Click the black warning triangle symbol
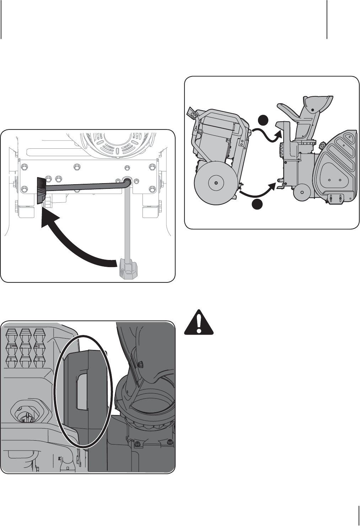click(x=199, y=322)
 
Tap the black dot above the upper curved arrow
click(x=263, y=121)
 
